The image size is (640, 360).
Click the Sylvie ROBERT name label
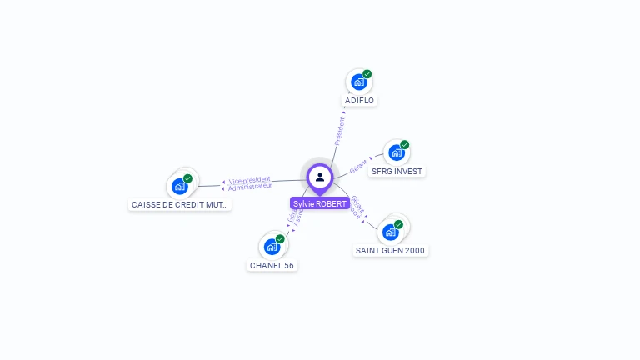(x=320, y=203)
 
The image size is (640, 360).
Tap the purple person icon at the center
(x=320, y=177)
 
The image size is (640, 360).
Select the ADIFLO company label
(x=359, y=101)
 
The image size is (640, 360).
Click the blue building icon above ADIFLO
(x=358, y=82)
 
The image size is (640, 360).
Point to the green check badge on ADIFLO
(x=367, y=74)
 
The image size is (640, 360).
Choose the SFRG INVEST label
(x=397, y=172)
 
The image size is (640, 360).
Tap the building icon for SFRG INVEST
(x=396, y=152)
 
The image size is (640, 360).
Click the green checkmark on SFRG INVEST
(x=405, y=145)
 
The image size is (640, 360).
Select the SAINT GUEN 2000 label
(x=391, y=251)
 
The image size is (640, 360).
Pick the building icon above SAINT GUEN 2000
(x=390, y=232)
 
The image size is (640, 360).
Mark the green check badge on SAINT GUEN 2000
(x=399, y=224)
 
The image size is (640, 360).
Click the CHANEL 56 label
(x=272, y=266)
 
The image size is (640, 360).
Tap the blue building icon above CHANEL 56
(x=272, y=247)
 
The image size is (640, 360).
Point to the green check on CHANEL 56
(x=281, y=239)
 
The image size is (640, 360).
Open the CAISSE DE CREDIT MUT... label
(x=179, y=204)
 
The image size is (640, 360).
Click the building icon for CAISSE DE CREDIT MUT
(x=179, y=186)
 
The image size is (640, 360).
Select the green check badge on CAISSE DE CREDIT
(x=188, y=178)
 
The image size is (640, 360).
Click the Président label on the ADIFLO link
(x=340, y=131)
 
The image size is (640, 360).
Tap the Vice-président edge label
(x=249, y=180)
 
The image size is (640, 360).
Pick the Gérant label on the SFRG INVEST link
(x=358, y=165)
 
